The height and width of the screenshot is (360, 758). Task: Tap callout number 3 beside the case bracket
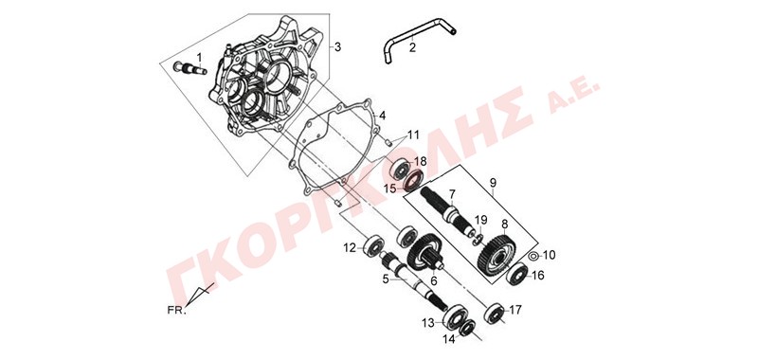tap(337, 46)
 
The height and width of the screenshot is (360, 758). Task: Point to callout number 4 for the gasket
tap(382, 116)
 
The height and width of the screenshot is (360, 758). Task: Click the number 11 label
tap(413, 135)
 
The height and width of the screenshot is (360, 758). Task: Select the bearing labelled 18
tap(401, 169)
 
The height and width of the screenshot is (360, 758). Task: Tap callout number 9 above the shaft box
tap(493, 183)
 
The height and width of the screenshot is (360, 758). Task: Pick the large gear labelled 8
tap(496, 254)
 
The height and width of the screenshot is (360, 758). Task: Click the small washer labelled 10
tap(532, 255)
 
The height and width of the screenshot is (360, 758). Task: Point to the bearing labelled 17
tap(495, 313)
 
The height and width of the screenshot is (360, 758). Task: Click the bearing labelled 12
tap(373, 246)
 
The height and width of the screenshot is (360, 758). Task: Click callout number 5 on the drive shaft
tap(386, 279)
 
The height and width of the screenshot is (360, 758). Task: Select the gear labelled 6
tap(425, 255)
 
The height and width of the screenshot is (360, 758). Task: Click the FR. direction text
tap(176, 311)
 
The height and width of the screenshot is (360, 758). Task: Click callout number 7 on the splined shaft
tap(452, 194)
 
